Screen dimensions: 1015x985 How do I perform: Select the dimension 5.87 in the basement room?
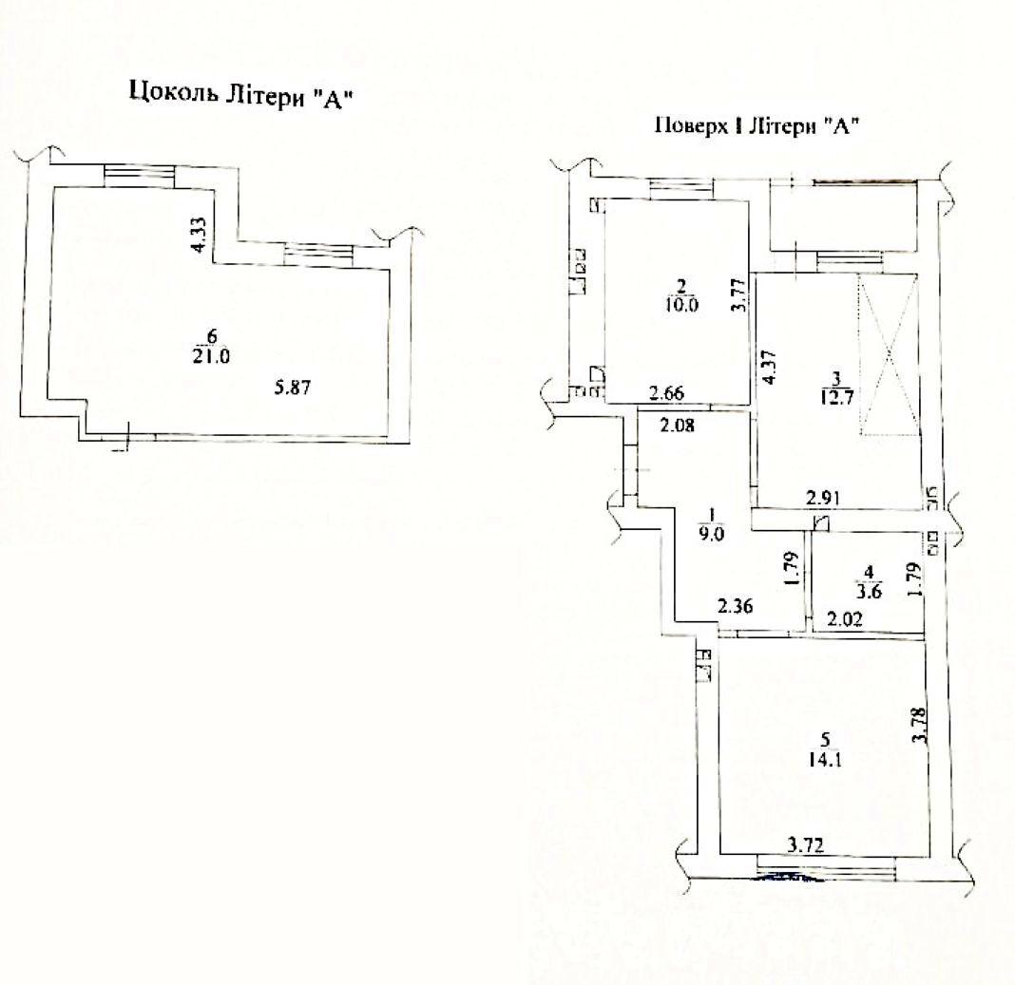(293, 388)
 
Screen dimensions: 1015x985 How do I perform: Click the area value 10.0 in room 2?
(681, 304)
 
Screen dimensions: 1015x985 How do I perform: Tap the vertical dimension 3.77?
(739, 294)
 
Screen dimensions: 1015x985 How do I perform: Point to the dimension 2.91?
(823, 499)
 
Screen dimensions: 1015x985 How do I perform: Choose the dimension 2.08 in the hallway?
(677, 426)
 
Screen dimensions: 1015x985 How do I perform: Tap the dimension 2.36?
(736, 607)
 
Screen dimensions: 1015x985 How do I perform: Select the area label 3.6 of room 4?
(869, 592)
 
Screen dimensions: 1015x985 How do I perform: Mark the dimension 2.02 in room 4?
(845, 619)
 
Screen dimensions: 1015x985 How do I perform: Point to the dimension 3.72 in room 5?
(805, 845)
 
